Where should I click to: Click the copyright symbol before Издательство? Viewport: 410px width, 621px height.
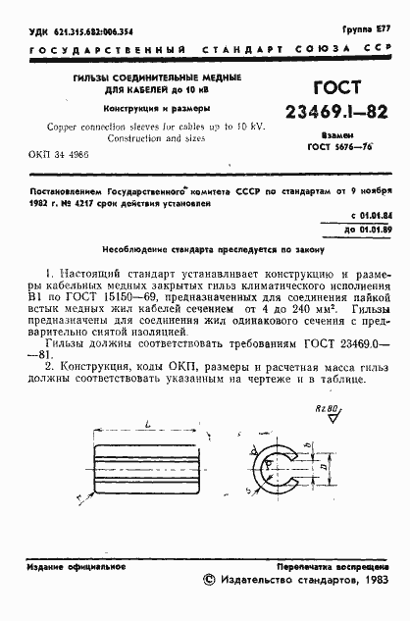(208, 582)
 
